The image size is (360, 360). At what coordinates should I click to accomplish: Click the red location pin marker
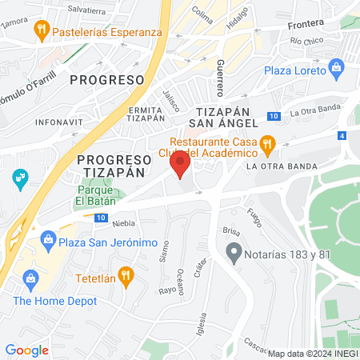coord(180,166)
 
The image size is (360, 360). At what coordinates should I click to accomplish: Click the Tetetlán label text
coord(95,277)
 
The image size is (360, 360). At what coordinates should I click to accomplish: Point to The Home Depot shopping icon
coord(32,279)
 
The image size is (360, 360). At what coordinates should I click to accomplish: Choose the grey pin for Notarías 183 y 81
coord(234,255)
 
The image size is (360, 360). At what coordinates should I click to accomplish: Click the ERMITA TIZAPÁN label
coord(144,113)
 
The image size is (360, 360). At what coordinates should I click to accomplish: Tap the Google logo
coord(26,350)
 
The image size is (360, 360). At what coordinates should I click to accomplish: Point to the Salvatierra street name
coord(86,11)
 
